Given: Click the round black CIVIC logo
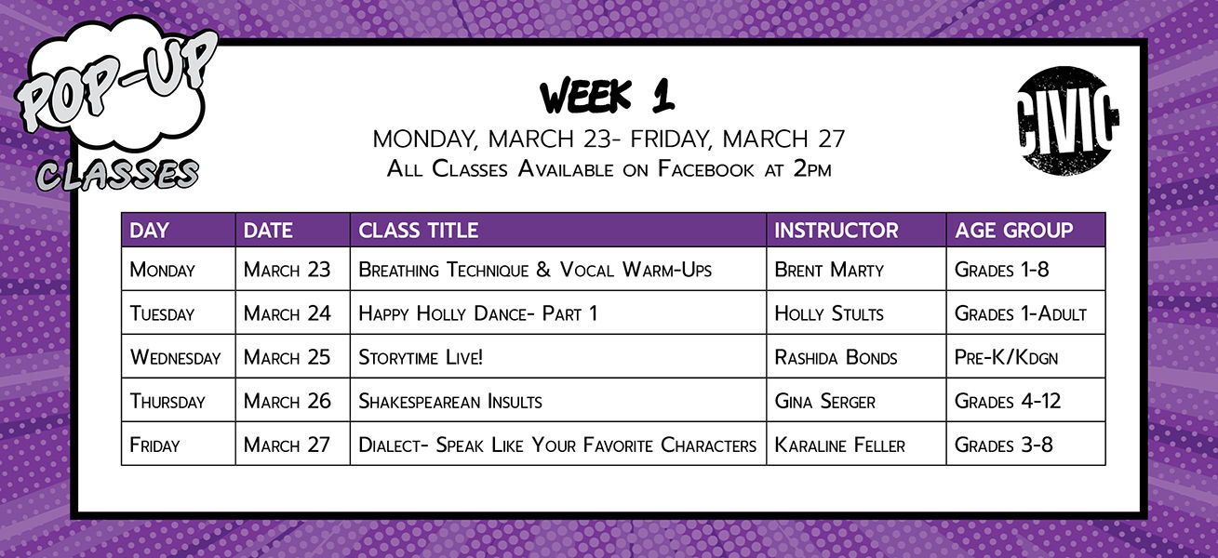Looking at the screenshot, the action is (1066, 121).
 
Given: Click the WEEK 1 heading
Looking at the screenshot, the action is (608, 96).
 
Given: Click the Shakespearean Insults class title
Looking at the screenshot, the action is (450, 402).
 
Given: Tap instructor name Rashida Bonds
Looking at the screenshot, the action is (836, 357).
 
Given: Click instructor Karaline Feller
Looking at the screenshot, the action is (839, 445).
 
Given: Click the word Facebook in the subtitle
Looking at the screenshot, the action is (706, 169).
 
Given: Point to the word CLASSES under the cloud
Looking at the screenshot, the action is (117, 175).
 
